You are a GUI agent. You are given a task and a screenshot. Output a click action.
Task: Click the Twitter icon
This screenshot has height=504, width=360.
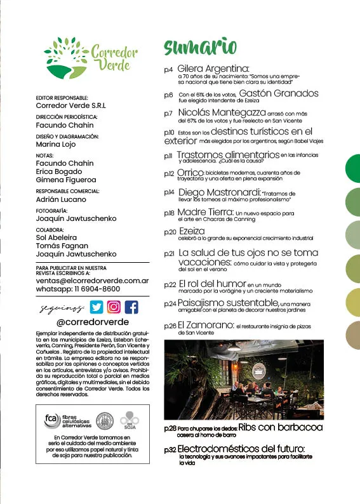pos(96,307)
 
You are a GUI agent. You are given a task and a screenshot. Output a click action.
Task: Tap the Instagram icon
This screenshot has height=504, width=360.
pos(114,307)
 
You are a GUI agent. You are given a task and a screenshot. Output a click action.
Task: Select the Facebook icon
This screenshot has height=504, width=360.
pos(131,307)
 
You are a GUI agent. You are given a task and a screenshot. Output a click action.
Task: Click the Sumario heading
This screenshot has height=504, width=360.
pos(200,48)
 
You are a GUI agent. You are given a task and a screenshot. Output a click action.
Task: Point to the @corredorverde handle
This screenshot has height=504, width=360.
pos(93,322)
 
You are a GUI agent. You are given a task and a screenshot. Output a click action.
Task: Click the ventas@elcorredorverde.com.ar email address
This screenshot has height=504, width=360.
pos(93,280)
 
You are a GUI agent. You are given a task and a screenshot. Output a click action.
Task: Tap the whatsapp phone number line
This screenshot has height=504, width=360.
pos(78,289)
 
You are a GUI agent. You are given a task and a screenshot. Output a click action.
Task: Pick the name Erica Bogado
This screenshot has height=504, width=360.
pos(59,171)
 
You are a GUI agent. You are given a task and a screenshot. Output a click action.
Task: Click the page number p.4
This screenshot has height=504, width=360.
pos(168,70)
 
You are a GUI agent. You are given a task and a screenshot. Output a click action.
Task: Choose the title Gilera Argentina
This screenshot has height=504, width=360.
pos(213,69)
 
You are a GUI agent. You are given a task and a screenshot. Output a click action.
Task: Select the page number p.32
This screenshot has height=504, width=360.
pos(170,449)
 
